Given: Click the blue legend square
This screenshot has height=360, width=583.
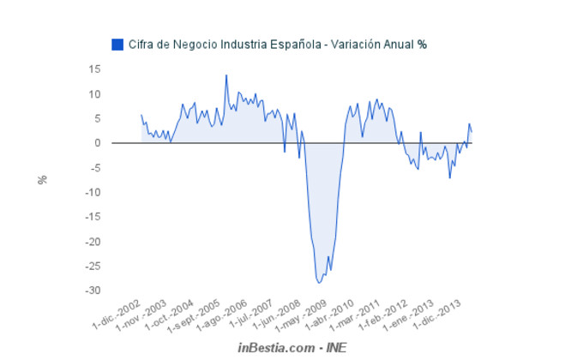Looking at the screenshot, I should (117, 44).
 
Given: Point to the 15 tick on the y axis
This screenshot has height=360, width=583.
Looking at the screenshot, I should (94, 69).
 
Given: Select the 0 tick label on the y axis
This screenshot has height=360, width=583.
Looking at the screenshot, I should (98, 143).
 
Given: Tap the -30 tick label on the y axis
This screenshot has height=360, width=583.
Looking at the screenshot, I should (92, 291).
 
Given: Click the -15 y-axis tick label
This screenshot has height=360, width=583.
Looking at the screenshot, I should (92, 217).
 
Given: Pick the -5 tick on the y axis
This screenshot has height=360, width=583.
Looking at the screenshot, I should (95, 168).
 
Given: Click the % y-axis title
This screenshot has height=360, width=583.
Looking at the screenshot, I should (42, 180).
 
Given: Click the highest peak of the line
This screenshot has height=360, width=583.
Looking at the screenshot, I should (226, 75).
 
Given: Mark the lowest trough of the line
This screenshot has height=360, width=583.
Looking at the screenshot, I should (319, 282).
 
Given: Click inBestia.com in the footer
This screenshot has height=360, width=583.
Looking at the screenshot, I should (275, 347).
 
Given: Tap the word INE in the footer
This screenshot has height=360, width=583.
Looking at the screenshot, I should (334, 347).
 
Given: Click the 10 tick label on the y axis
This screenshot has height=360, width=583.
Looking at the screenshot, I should (94, 94).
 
